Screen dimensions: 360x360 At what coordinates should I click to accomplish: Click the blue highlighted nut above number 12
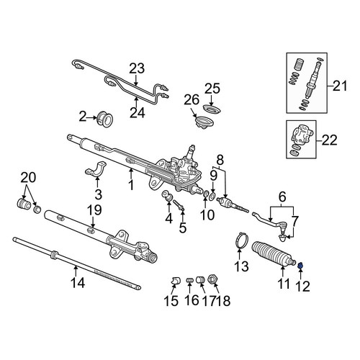(x=300, y=266)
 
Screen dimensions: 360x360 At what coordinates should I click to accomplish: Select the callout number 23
(x=137, y=68)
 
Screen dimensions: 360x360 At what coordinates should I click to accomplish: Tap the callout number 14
(x=78, y=282)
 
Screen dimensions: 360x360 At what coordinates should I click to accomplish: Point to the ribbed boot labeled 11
(x=273, y=253)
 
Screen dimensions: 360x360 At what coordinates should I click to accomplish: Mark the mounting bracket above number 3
(x=96, y=169)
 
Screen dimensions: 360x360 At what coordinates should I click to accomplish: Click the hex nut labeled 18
(x=213, y=279)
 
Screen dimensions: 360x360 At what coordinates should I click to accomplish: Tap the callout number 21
(x=340, y=86)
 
